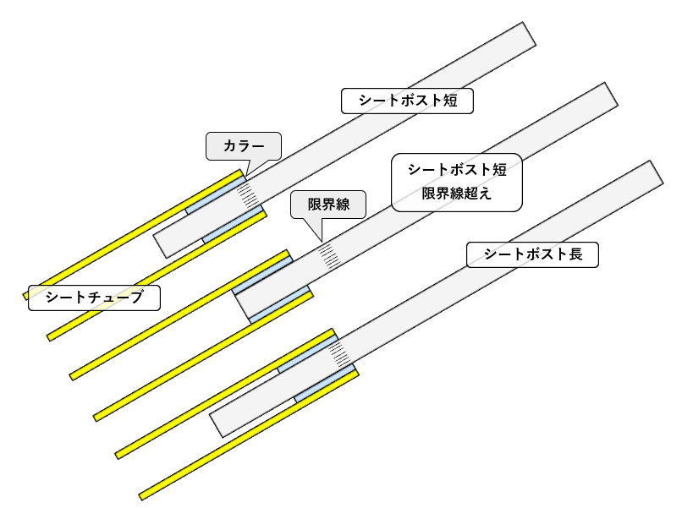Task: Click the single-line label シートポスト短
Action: tap(407, 101)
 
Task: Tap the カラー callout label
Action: tap(243, 145)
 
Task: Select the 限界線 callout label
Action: tap(327, 204)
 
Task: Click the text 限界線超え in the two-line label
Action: tap(457, 193)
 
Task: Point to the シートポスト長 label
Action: tap(533, 254)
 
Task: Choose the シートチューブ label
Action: tap(94, 297)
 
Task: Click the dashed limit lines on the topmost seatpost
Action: tap(247, 194)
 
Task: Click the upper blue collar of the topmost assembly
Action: tap(216, 197)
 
